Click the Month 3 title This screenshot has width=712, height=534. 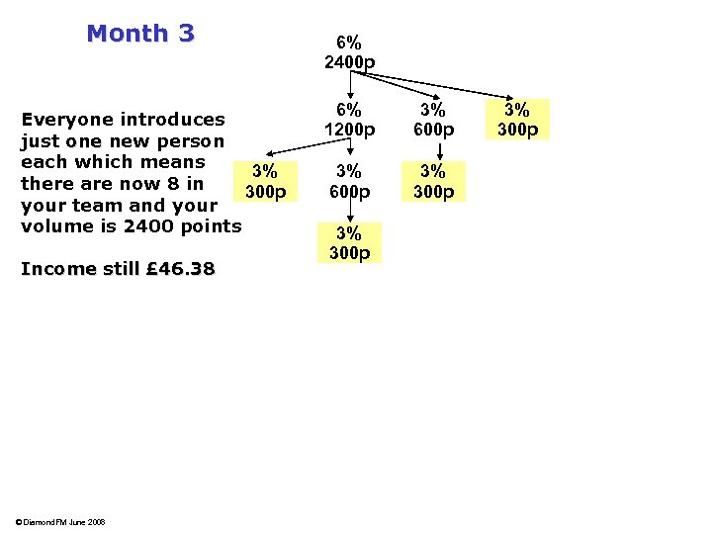(x=140, y=34)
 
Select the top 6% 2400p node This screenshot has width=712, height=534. (x=349, y=53)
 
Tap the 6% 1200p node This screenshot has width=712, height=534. (x=349, y=120)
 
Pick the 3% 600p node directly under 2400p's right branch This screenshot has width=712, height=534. (x=433, y=120)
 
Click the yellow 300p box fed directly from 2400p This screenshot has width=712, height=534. (x=517, y=120)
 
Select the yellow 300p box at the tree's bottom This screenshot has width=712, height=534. (x=349, y=242)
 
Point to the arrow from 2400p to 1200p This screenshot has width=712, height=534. (x=350, y=87)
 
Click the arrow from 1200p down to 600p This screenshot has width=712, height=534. (x=350, y=149)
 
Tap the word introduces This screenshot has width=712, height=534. (x=173, y=120)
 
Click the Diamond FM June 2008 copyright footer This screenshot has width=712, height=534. (x=60, y=522)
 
